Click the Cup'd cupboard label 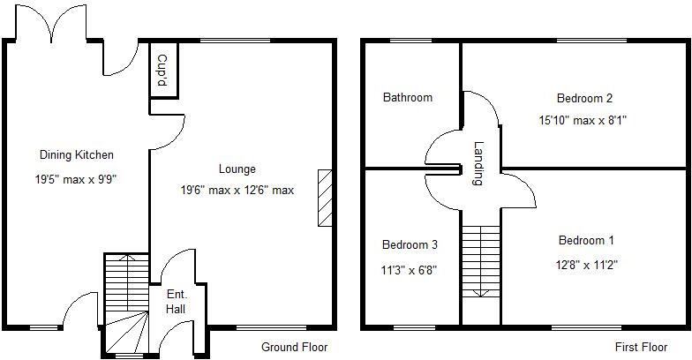click(x=162, y=70)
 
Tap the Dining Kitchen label click(x=77, y=155)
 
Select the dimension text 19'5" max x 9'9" click(x=78, y=179)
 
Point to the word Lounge click(x=237, y=169)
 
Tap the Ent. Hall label click(x=177, y=302)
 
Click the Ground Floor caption click(x=295, y=348)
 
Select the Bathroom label click(x=408, y=97)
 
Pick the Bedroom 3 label click(x=410, y=244)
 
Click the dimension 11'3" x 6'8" click(x=410, y=271)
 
